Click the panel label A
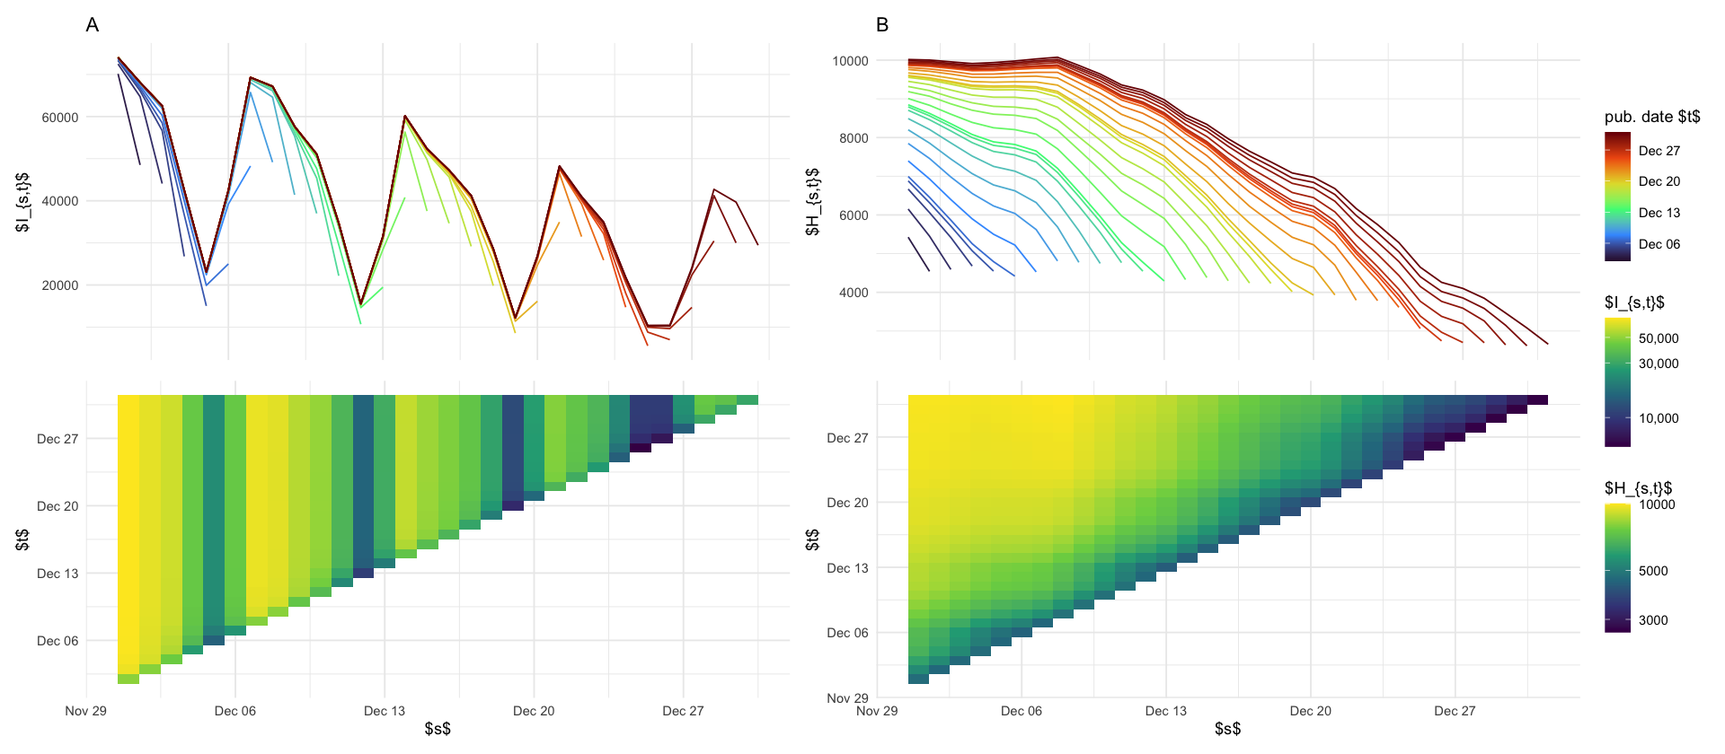point(92,25)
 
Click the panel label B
point(882,25)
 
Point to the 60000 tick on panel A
point(60,118)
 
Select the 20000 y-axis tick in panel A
point(60,285)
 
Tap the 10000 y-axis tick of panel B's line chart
point(850,61)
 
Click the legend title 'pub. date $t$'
point(1652,117)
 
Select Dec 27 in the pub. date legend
point(1659,151)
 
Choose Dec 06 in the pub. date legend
point(1659,244)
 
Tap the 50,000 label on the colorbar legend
point(1659,338)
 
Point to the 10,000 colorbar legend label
point(1659,418)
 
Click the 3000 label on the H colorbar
point(1653,620)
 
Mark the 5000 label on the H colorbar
point(1653,571)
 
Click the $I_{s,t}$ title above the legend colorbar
point(1634,302)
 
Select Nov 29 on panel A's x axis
point(86,711)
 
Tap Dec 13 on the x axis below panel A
point(385,711)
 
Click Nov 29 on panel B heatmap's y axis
point(847,697)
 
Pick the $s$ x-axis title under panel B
point(1227,729)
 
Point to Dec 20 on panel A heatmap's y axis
point(57,506)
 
